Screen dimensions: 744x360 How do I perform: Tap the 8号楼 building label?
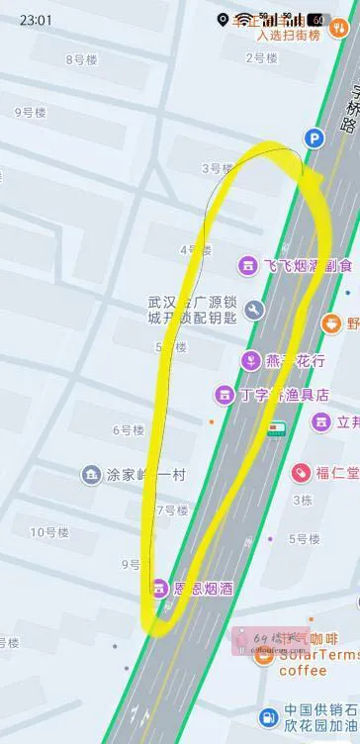[81, 59]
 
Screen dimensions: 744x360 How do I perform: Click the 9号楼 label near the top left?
[30, 113]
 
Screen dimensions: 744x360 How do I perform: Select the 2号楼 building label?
[260, 58]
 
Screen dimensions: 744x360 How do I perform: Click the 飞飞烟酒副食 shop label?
[308, 266]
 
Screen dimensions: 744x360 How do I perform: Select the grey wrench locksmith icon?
[254, 311]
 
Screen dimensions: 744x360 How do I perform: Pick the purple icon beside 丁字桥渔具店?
[225, 395]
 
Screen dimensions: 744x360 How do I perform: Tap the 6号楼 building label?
[128, 429]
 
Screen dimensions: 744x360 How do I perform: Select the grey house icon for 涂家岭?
[91, 475]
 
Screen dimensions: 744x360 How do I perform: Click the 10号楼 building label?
[48, 532]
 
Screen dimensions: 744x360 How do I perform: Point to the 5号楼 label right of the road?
[304, 539]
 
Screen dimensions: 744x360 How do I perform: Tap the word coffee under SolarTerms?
[302, 671]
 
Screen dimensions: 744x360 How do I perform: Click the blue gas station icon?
[267, 717]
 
